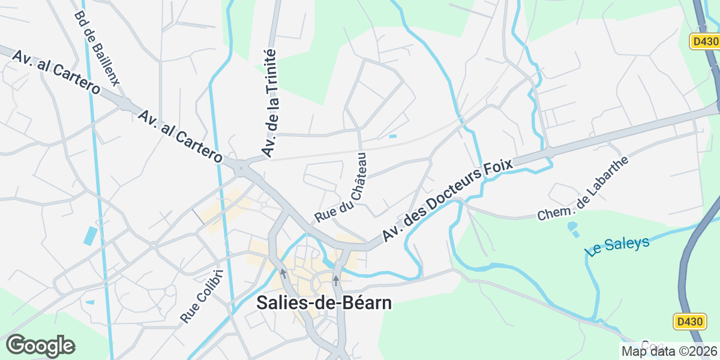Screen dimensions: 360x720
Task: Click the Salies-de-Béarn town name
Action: pos(324,303)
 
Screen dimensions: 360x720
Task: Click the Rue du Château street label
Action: pos(340,187)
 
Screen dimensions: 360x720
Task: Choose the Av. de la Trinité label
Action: pos(269,103)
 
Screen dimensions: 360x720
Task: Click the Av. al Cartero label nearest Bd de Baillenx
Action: pos(56,70)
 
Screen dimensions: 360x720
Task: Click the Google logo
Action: pos(40,346)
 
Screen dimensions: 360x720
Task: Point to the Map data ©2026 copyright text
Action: pos(668,351)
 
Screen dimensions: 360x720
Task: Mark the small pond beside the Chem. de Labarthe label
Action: pos(572,227)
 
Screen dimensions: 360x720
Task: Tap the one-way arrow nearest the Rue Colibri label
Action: pos(283,273)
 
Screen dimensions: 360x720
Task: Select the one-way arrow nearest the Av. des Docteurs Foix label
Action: pos(336,280)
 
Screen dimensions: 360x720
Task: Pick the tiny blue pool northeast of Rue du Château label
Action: pos(392,136)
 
